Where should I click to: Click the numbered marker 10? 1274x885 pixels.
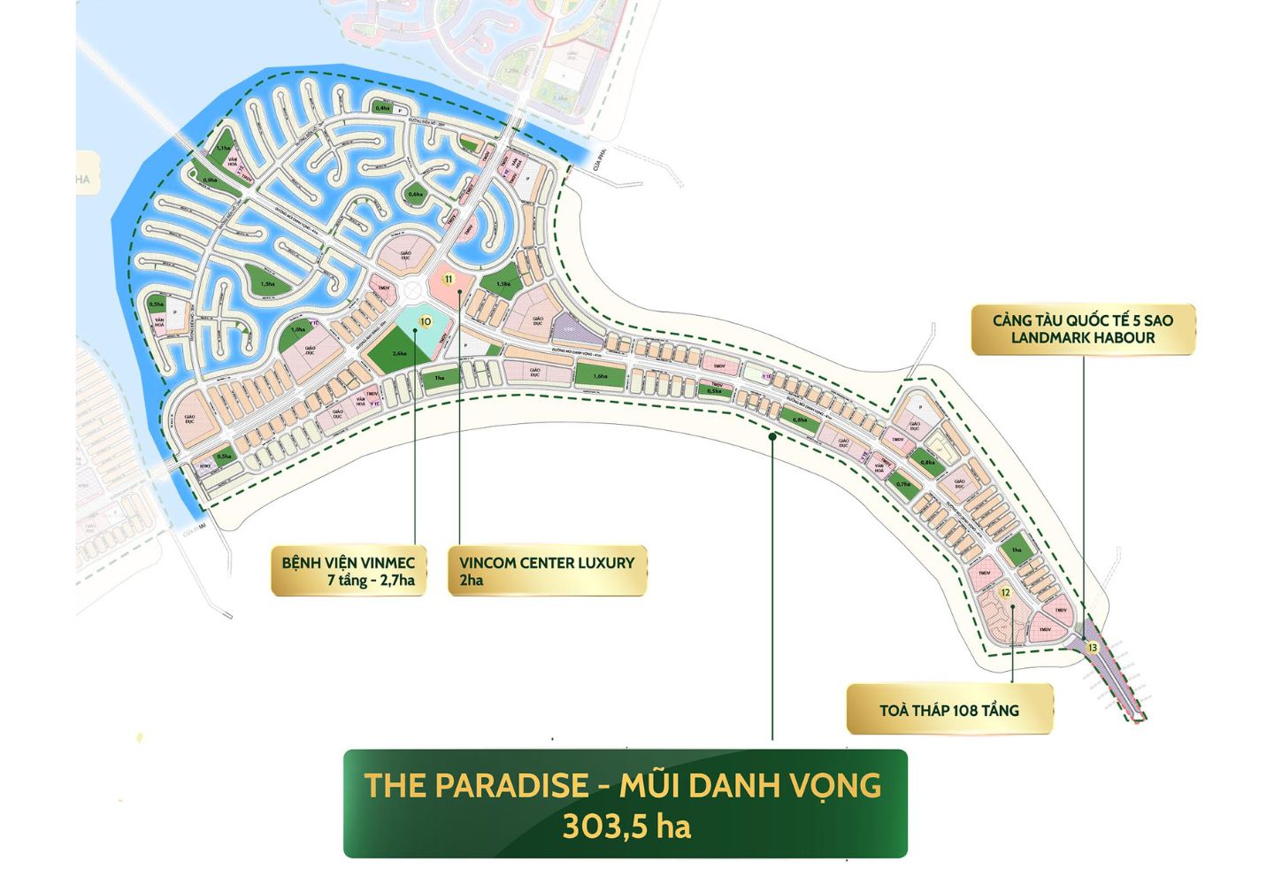coord(426,322)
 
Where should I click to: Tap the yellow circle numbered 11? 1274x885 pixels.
coord(449,280)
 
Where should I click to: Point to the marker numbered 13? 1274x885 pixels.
coord(1093,648)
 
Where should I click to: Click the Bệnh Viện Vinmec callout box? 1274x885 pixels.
coord(349,571)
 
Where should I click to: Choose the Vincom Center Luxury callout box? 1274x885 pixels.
coord(547,571)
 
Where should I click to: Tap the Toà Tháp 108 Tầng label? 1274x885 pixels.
coord(949,710)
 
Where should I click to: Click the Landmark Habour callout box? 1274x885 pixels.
coord(1083,329)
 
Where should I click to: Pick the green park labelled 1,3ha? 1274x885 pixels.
coord(267,284)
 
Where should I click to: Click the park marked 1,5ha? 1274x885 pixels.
coord(503,283)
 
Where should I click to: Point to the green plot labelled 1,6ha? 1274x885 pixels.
coord(601,376)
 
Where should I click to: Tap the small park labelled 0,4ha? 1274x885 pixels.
coord(382,108)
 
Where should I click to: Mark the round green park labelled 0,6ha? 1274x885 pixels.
coord(415,194)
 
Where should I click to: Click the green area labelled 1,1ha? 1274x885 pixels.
coord(222,149)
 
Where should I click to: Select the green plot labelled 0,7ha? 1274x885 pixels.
coord(902,484)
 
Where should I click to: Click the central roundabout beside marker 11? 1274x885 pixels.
coord(412,292)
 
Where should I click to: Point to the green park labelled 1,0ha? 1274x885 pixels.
coord(298,331)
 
